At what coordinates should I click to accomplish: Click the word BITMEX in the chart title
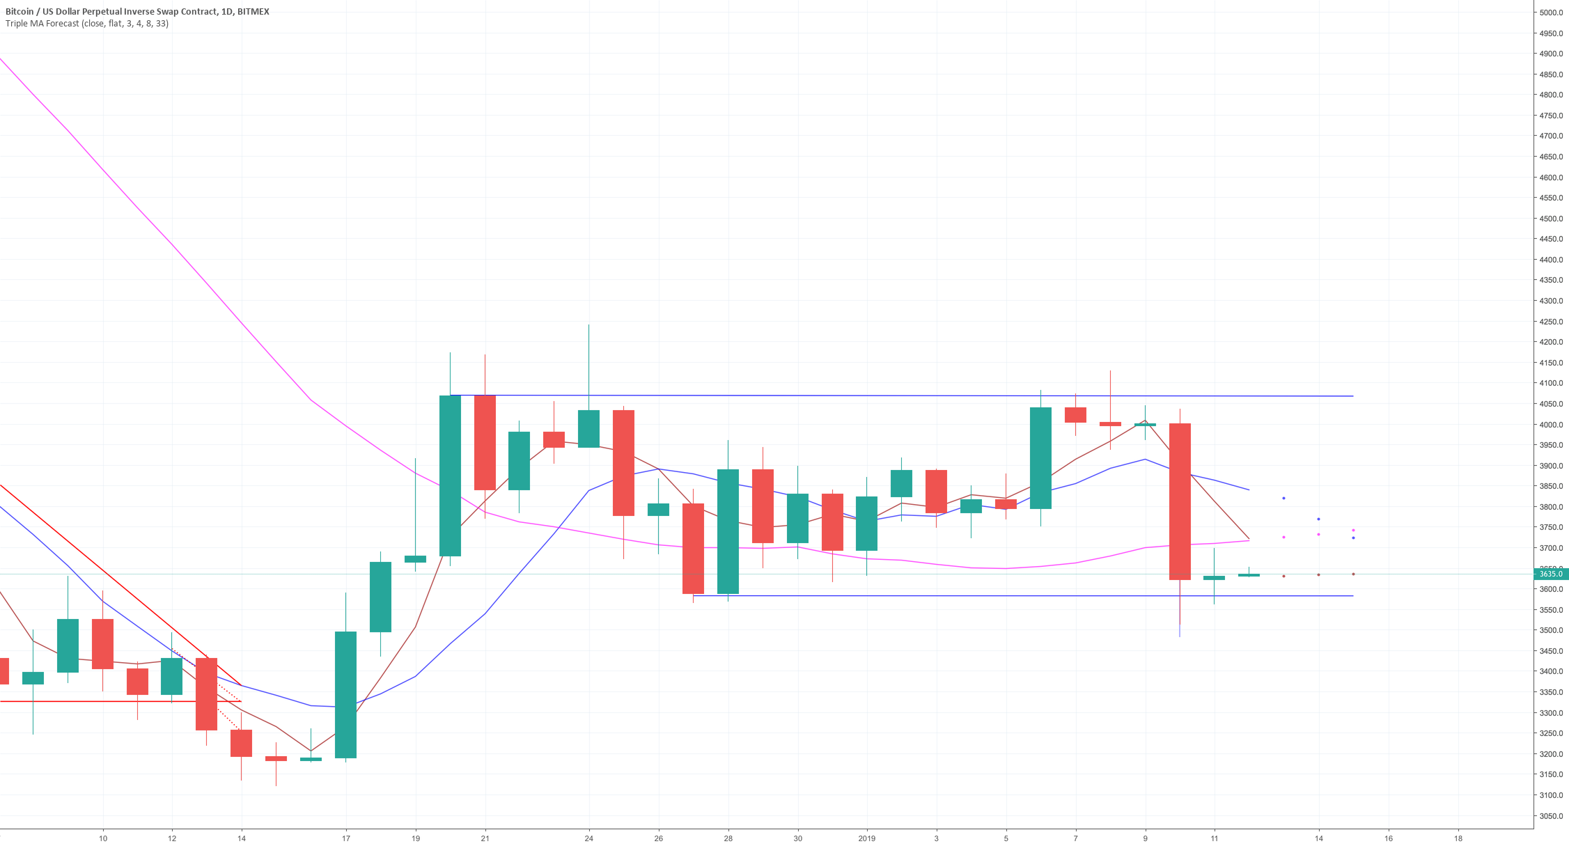(253, 11)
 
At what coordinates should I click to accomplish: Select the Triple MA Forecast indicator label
(87, 24)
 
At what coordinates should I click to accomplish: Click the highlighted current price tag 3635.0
(1550, 574)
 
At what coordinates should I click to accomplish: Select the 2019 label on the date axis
(866, 838)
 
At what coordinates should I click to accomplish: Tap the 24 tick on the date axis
(588, 838)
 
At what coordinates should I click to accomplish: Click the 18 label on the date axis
(1458, 838)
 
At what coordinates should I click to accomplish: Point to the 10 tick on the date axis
(103, 838)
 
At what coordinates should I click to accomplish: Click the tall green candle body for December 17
(345, 694)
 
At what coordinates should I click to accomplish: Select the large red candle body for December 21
(485, 442)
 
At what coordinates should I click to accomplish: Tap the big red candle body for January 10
(1180, 501)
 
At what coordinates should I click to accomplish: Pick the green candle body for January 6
(1040, 457)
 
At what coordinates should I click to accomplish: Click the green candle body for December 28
(728, 531)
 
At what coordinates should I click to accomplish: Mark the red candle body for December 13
(206, 694)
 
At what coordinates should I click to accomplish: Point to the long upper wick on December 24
(588, 366)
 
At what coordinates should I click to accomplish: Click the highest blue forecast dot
(1283, 498)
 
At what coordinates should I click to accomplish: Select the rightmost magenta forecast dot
(1353, 530)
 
